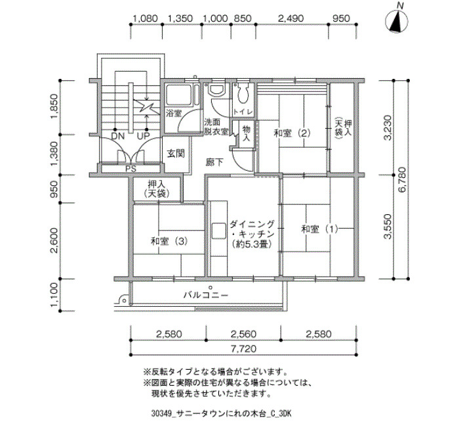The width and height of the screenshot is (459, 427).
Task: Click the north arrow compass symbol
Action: [x=397, y=22]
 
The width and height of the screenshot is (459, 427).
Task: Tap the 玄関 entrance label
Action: [x=176, y=153]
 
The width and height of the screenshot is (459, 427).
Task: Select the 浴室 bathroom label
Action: [x=174, y=114]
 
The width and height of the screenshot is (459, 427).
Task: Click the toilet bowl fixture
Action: [x=243, y=93]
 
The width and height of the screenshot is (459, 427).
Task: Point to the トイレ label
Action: [x=243, y=112]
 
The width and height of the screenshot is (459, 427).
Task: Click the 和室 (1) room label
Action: [x=320, y=229]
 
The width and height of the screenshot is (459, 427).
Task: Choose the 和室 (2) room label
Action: [x=292, y=133]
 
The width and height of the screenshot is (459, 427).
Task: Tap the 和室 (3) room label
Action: [x=169, y=241]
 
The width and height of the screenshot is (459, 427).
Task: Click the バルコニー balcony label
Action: [x=205, y=295]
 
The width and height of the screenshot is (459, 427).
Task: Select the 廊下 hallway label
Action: [x=214, y=162]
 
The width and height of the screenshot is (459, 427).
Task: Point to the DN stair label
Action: [x=118, y=136]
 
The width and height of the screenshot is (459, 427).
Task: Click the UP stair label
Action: [x=144, y=136]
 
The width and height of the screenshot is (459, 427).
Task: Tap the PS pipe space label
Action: [x=131, y=169]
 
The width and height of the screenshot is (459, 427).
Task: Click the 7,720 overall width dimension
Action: [x=243, y=349]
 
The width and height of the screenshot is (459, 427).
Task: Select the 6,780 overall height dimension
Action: [x=402, y=179]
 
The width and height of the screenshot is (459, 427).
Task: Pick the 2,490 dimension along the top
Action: [x=290, y=18]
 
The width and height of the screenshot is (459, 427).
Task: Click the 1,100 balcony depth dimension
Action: [x=54, y=296]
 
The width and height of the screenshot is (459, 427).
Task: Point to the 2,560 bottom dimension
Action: [x=243, y=334]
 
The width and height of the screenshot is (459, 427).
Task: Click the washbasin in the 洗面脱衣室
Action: [x=217, y=89]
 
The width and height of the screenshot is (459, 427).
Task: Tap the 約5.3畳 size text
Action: [x=252, y=244]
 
